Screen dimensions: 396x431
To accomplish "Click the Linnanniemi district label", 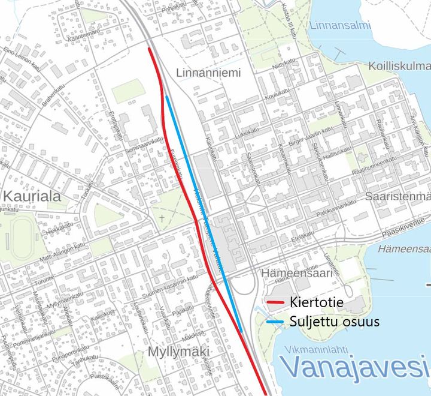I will tap(209, 73).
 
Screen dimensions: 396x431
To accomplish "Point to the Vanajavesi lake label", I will tap(355, 367).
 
